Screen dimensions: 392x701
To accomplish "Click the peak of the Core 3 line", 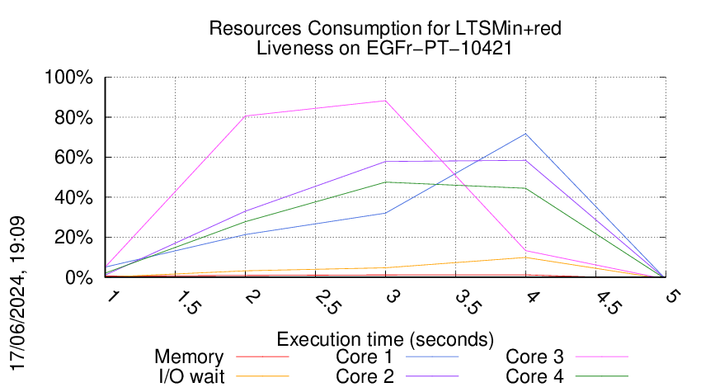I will pos(385,101).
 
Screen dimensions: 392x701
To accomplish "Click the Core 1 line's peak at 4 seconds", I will pos(525,134).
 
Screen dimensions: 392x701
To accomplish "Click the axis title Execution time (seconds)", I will pos(385,339).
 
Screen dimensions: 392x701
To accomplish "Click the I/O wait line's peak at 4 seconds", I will pos(525,257).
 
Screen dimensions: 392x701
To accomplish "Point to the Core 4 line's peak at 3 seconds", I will pos(385,182).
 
